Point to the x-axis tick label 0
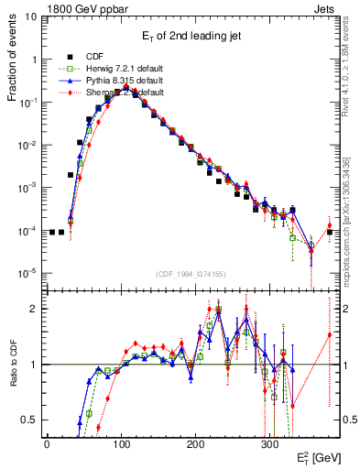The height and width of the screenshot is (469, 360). (x=47, y=443)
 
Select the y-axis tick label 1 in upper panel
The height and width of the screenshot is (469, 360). (x=35, y=60)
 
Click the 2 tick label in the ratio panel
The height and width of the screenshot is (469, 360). (x=35, y=309)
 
